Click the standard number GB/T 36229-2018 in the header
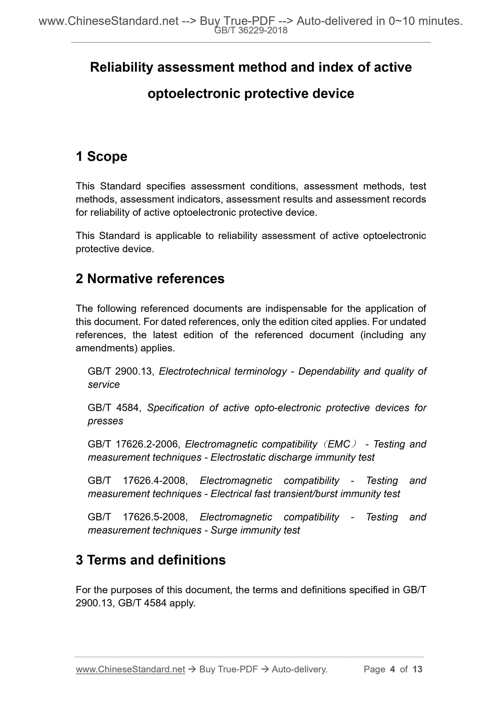coord(251,30)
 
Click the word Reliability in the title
coord(121,67)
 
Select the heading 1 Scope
coord(101,156)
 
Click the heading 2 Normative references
coord(150,278)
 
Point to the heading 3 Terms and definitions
coord(151,560)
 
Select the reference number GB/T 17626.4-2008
coord(138,480)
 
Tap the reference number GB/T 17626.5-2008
coord(138,517)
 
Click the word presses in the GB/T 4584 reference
coord(106,421)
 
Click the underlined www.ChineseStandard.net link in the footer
coord(130,669)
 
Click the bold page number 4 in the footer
coord(393,669)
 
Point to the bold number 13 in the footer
coord(417,669)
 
